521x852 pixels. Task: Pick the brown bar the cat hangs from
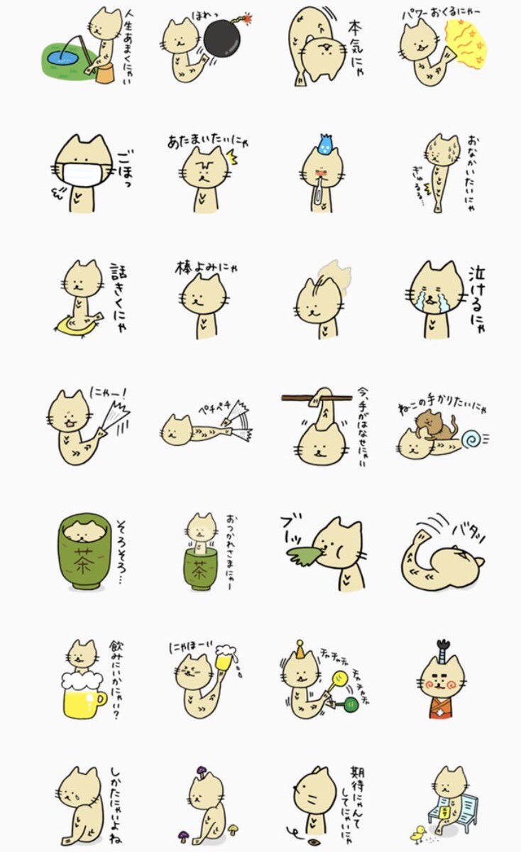coord(317,398)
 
